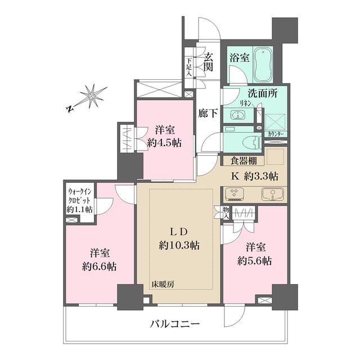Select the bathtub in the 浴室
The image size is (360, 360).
coord(262,65)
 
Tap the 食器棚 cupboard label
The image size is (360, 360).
coord(242,160)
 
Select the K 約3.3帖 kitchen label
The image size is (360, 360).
coord(255,175)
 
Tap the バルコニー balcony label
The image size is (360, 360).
coord(175,324)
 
